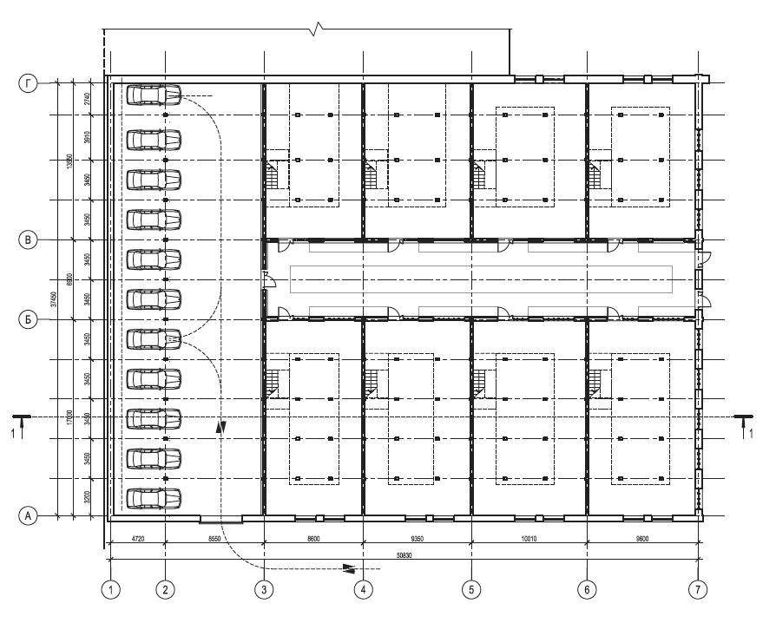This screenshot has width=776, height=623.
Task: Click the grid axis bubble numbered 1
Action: tap(110, 589)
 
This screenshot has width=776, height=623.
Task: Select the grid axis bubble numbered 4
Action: tap(364, 589)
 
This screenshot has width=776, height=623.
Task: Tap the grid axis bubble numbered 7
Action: tap(698, 589)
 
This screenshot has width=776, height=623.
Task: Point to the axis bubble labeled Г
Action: tap(29, 84)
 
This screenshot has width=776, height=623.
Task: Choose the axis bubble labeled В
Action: tap(29, 239)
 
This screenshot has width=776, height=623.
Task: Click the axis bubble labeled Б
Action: tap(29, 319)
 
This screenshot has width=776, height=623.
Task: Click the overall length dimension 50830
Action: tap(405, 554)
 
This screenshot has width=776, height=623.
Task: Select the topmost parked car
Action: tap(154, 95)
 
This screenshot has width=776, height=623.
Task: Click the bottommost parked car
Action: tap(154, 498)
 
